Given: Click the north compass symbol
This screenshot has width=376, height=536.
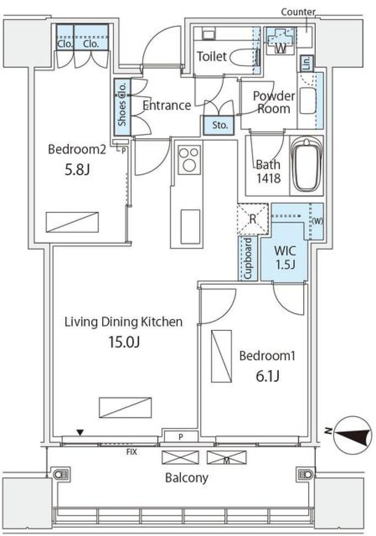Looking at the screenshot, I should coord(353,435).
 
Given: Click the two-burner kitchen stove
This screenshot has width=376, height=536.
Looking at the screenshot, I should coord(189,159).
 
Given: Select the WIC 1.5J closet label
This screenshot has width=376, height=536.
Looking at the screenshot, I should coord(285,257).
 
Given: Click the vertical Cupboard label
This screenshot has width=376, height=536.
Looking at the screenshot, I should coord(248,258).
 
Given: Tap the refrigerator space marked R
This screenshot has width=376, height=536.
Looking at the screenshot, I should coord(253,219).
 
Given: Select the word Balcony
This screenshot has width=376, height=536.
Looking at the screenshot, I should coord(186,478).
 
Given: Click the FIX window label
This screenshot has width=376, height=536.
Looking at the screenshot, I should coord(132,452).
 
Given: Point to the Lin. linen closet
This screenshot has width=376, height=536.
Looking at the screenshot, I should coord(306,63).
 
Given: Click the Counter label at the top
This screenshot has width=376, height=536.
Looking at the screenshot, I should coord(298,12).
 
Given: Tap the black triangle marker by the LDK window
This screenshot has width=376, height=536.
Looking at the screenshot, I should coord(80,433).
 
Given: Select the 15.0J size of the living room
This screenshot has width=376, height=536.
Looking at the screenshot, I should coord(124,342).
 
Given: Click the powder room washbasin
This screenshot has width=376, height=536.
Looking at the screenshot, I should coord(308,100).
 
